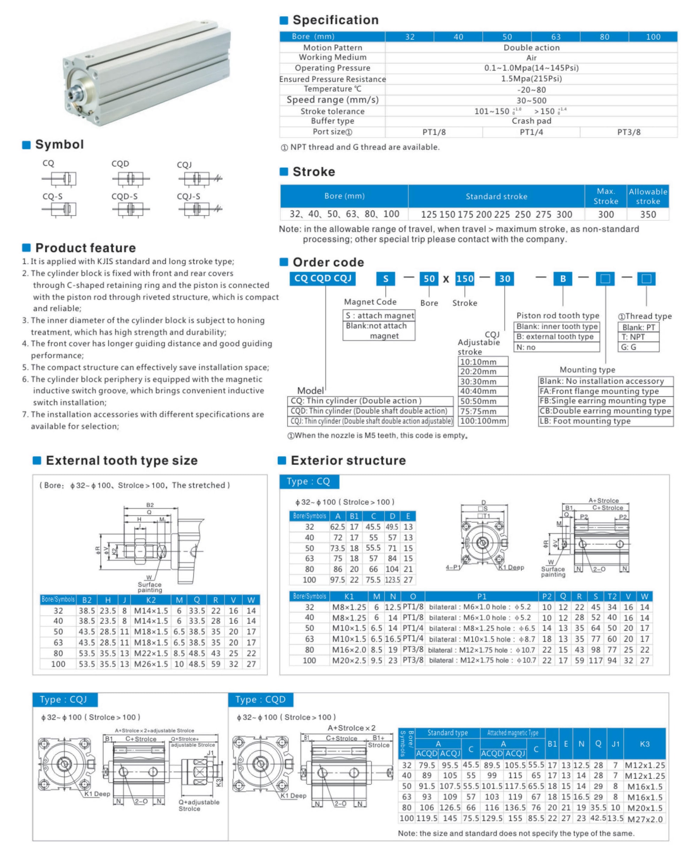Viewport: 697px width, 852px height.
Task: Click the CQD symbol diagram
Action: pos(130,178)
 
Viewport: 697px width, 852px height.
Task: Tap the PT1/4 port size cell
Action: pos(531,132)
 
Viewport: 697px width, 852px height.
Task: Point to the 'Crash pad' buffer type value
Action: pos(531,121)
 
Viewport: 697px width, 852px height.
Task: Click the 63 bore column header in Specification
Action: pos(556,37)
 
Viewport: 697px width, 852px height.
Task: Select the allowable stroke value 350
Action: pos(648,214)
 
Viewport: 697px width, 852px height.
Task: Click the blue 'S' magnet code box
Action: pos(385,279)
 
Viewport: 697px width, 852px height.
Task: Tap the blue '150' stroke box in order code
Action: pos(465,279)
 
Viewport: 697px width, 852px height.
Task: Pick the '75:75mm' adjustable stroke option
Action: pos(483,411)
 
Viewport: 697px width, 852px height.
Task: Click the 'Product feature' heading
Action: pos(85,248)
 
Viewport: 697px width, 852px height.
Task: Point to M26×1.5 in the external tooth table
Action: pos(151,664)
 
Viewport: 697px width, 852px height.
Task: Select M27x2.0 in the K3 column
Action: pos(644,819)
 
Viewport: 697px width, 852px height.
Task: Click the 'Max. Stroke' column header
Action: pos(605,196)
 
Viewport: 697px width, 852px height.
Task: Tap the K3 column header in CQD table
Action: pos(644,744)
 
